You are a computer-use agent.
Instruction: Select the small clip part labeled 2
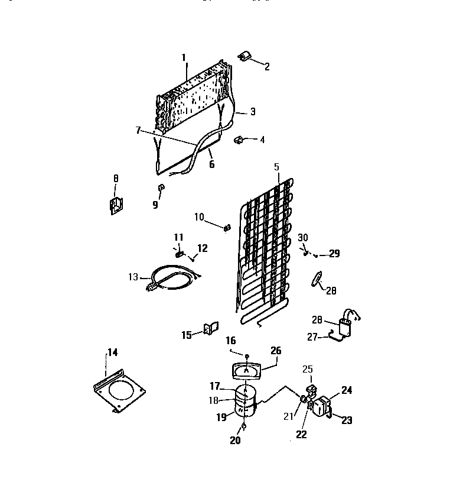pyautogui.click(x=244, y=57)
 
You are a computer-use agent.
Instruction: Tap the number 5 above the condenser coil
pyautogui.click(x=276, y=167)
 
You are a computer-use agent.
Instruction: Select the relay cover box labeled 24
pyautogui.click(x=323, y=407)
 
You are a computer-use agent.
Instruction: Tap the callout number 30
pyautogui.click(x=304, y=237)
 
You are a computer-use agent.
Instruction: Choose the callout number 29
pyautogui.click(x=334, y=254)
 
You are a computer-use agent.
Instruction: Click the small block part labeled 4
pyautogui.click(x=240, y=140)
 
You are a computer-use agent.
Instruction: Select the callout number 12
pyautogui.click(x=202, y=248)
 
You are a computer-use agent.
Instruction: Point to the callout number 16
pyautogui.click(x=230, y=341)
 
